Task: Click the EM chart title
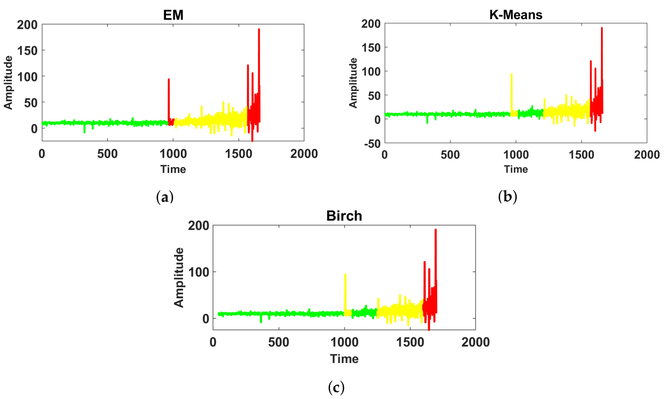[173, 15]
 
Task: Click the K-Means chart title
[516, 15]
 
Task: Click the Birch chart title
[344, 216]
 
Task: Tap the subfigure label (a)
[165, 197]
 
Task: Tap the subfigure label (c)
[336, 387]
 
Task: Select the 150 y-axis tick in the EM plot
[27, 51]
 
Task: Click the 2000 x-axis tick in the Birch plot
[475, 342]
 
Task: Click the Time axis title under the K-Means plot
[516, 169]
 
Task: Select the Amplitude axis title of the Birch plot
[179, 277]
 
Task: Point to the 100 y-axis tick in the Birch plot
[199, 272]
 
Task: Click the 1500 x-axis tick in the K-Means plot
[581, 155]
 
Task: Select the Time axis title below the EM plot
[173, 169]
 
